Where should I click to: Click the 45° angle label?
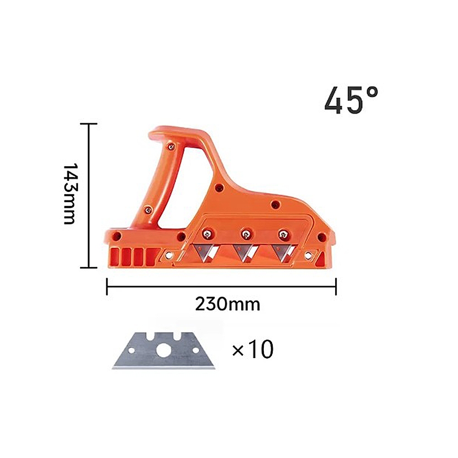coord(351,100)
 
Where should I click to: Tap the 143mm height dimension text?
coord(70,194)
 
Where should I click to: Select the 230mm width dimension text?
coord(227,304)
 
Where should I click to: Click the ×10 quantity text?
coord(253,349)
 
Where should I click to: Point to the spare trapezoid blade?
coord(164,350)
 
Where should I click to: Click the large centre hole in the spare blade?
coord(163,350)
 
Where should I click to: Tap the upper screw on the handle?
coord(171,147)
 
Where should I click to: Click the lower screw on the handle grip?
coord(148,209)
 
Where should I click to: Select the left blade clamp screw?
coord(207,234)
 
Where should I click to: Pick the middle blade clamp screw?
coord(246,234)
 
